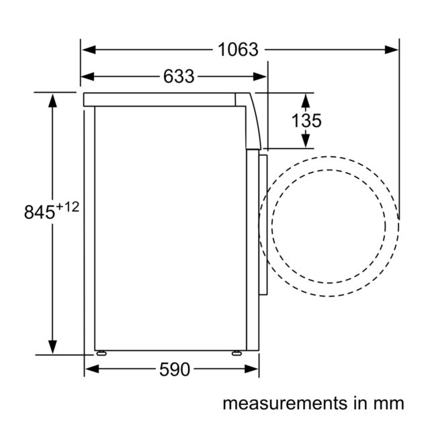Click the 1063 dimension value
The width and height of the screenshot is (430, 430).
point(238,50)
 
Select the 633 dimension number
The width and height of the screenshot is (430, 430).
point(179,76)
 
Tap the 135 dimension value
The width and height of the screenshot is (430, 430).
point(306,120)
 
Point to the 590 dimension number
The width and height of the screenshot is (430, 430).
point(175,369)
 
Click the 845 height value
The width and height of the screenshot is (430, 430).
point(40,212)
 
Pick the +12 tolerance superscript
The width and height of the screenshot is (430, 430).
point(67,206)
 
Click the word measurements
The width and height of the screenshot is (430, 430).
point(285,404)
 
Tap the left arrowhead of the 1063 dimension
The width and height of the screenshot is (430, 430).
point(89,50)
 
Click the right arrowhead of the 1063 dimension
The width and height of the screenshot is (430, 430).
point(391,50)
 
